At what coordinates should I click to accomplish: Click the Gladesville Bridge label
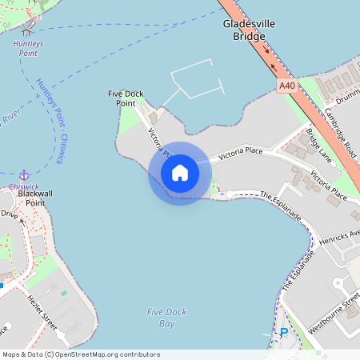pos(248,30)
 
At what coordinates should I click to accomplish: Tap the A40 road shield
pos(286,85)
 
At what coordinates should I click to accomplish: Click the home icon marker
pos(179,173)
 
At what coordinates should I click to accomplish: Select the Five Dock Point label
pos(126,98)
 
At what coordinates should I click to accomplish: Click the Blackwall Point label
pos(34,198)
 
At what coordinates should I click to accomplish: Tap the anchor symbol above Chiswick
pos(24,174)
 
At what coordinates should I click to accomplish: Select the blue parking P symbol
pos(283,333)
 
